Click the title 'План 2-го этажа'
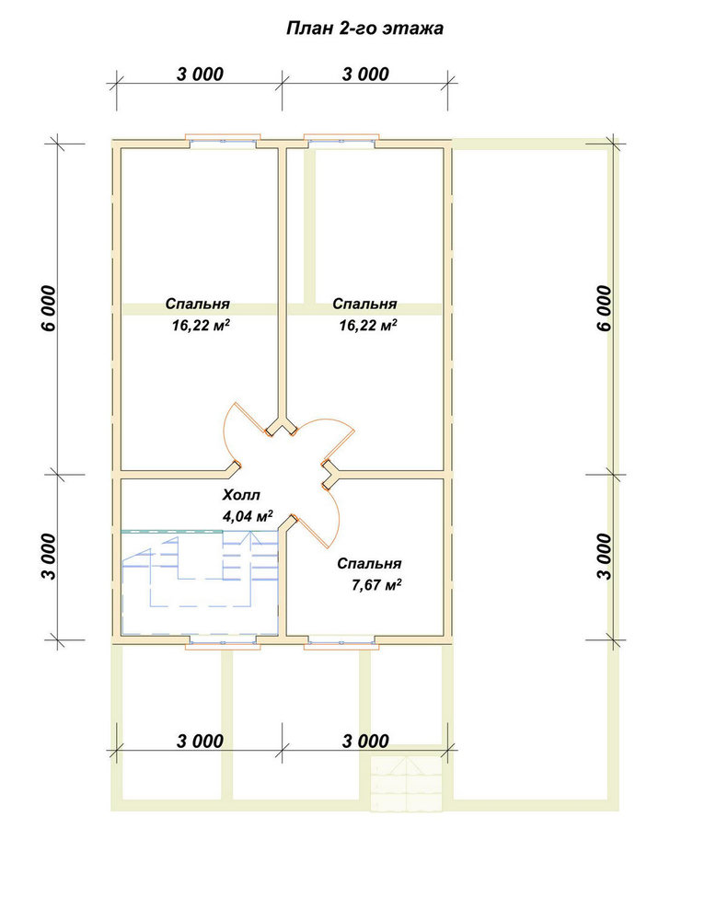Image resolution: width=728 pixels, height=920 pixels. [364, 29]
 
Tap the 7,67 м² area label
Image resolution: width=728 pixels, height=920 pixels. [376, 585]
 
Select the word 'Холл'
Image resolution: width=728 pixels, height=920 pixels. [241, 495]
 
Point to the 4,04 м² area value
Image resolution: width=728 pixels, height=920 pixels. [248, 516]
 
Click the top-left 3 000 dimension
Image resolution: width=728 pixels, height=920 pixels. [200, 74]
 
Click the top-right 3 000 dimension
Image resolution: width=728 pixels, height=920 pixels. [365, 74]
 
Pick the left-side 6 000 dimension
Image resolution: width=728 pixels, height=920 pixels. [50, 308]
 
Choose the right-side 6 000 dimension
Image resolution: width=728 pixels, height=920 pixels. [604, 308]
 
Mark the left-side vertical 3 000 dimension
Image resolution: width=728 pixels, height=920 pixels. [50, 557]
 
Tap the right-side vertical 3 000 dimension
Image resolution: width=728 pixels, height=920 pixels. [604, 557]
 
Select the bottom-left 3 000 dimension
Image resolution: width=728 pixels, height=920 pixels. [200, 741]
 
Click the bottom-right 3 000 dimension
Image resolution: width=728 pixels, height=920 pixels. [365, 741]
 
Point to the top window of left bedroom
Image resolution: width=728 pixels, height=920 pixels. [223, 141]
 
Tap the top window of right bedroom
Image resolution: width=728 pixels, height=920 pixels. [341, 141]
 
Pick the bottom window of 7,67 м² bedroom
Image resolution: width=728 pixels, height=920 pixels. [341, 643]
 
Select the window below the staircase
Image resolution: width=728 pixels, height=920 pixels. [223, 643]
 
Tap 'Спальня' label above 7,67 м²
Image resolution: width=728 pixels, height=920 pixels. [369, 563]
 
